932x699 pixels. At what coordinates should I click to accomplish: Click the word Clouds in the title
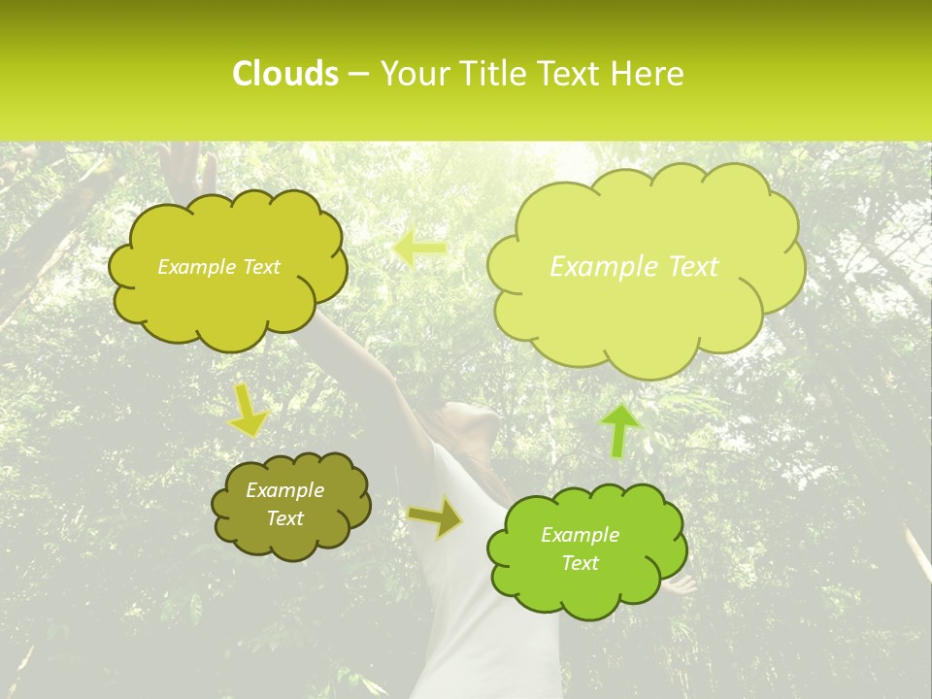tap(284, 74)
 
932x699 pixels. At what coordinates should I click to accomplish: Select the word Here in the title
tap(649, 74)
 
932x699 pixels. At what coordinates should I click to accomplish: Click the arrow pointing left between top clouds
tap(419, 249)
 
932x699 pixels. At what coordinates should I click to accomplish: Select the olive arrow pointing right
tap(435, 518)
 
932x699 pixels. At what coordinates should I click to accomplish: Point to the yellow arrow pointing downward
tap(249, 410)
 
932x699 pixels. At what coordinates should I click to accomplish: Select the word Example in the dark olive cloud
tap(284, 490)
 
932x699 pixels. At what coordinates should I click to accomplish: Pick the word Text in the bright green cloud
tap(580, 563)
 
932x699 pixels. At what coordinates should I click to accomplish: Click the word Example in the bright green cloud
tap(580, 535)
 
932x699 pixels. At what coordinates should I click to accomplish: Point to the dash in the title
tap(358, 74)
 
